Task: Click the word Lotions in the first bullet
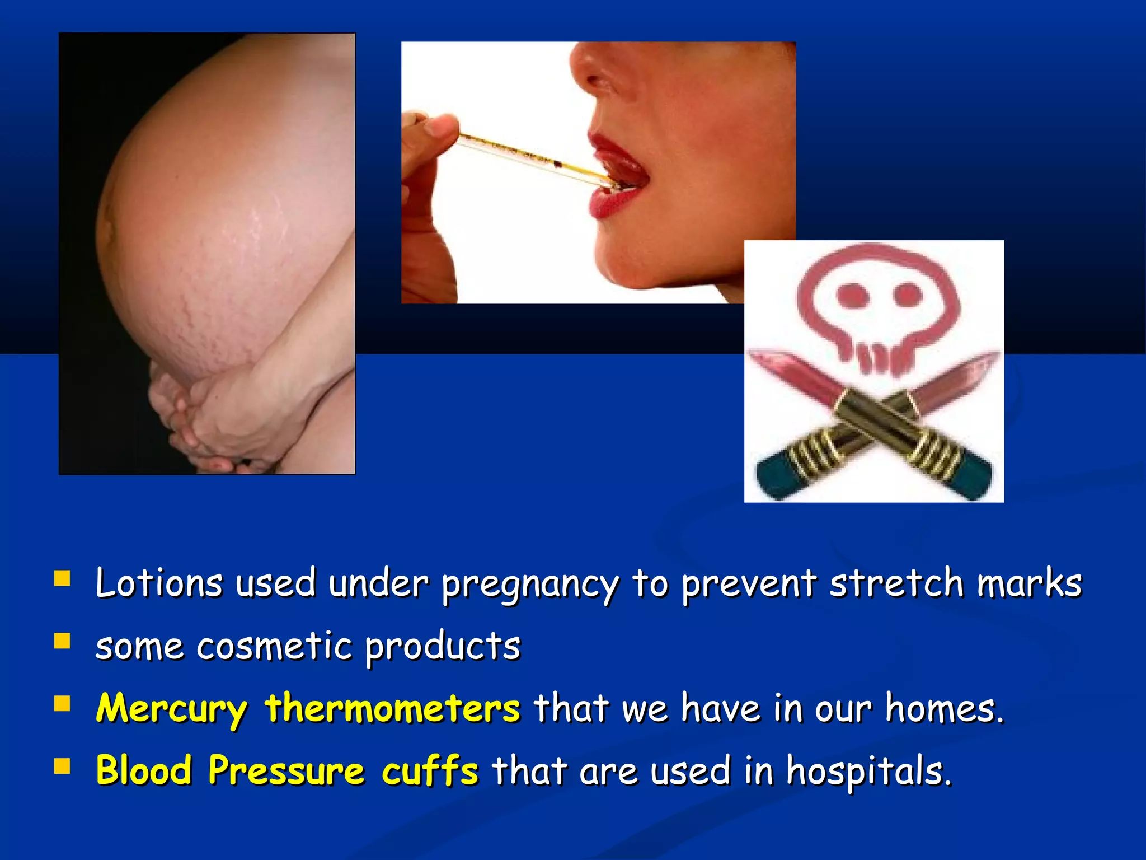pos(159,583)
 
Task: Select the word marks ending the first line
pos(1029,583)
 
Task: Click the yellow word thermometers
pos(392,708)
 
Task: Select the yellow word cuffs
pos(430,771)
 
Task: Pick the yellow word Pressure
pos(286,771)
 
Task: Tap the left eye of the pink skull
pos(853,295)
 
